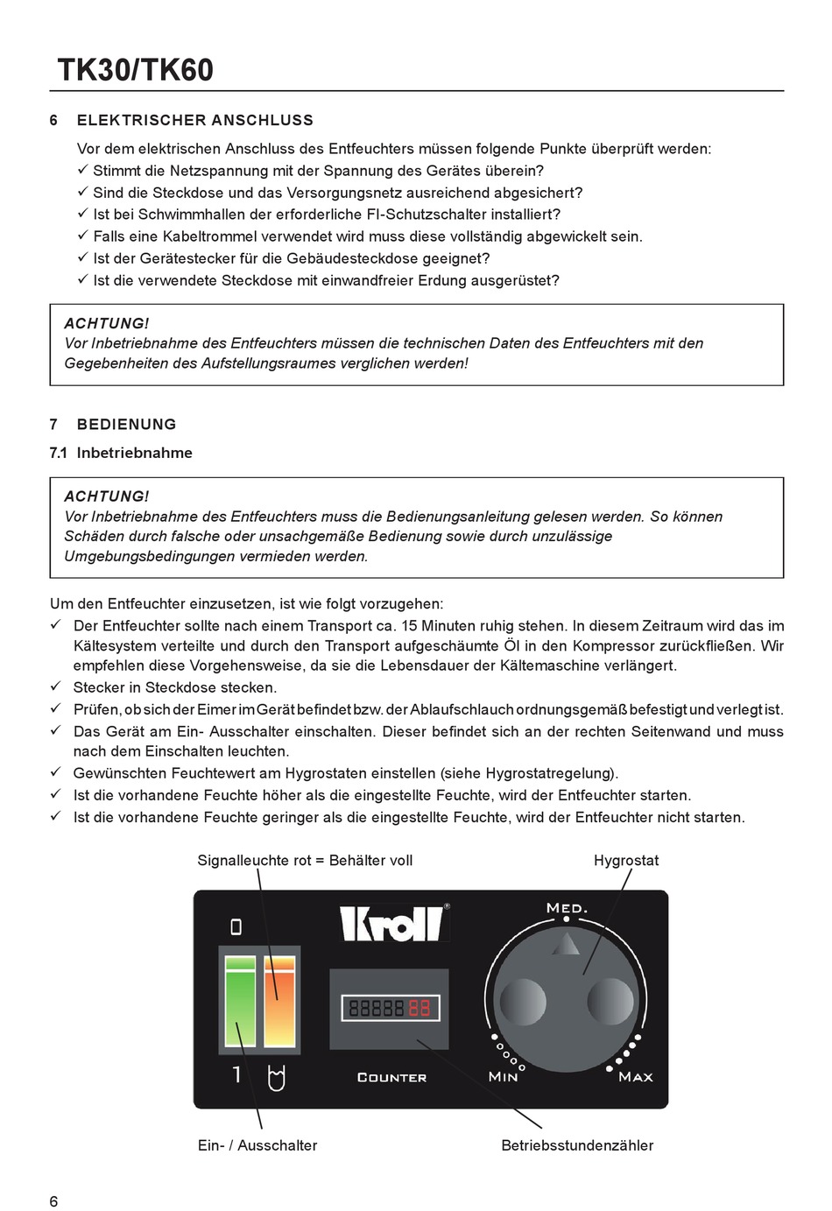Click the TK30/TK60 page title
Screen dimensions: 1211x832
point(135,70)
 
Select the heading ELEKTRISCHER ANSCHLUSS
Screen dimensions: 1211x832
point(194,120)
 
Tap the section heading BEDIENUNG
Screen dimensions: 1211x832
point(126,424)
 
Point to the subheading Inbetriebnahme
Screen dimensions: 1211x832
point(134,453)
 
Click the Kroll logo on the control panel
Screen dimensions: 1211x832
point(394,922)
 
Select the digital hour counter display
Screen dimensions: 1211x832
point(389,1008)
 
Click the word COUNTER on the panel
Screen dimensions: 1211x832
point(391,1077)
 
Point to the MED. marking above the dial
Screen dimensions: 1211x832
point(567,907)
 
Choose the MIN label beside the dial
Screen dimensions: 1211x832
point(503,1076)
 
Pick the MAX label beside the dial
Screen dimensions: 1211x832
point(635,1076)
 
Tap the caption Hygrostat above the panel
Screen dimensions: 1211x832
point(626,860)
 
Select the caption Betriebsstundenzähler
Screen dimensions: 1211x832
point(577,1144)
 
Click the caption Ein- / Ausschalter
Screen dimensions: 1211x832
point(257,1144)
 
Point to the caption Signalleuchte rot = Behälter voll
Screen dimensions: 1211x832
point(305,860)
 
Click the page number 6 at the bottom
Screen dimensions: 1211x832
point(54,1200)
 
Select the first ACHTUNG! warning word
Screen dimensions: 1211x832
point(107,323)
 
